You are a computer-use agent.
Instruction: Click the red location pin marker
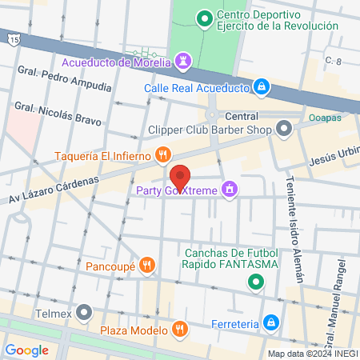(x=180, y=177)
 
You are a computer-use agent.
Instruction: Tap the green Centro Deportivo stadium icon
(x=205, y=17)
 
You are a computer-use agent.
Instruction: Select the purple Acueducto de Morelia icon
(x=186, y=62)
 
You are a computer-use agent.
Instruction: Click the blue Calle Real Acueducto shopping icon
(x=261, y=87)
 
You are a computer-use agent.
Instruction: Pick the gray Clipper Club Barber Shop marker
(x=284, y=128)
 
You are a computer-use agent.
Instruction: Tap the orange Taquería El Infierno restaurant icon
(x=162, y=154)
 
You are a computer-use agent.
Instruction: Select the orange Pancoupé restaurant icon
(x=146, y=264)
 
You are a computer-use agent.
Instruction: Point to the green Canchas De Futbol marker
(x=255, y=281)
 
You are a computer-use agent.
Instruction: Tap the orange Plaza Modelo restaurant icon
(x=180, y=329)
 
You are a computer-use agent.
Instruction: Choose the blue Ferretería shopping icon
(x=271, y=323)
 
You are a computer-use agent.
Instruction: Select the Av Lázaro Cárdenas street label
(x=54, y=189)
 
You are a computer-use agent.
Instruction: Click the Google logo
(x=26, y=350)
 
